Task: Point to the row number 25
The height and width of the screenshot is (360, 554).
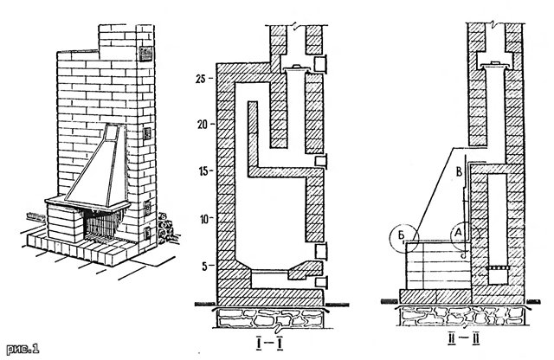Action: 201,78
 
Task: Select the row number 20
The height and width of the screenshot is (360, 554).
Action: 201,124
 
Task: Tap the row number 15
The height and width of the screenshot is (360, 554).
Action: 201,170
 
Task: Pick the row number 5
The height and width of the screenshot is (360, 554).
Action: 204,265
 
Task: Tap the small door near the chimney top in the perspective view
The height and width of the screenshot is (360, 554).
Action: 143,55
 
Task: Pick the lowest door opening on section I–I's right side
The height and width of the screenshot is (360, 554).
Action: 321,282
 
